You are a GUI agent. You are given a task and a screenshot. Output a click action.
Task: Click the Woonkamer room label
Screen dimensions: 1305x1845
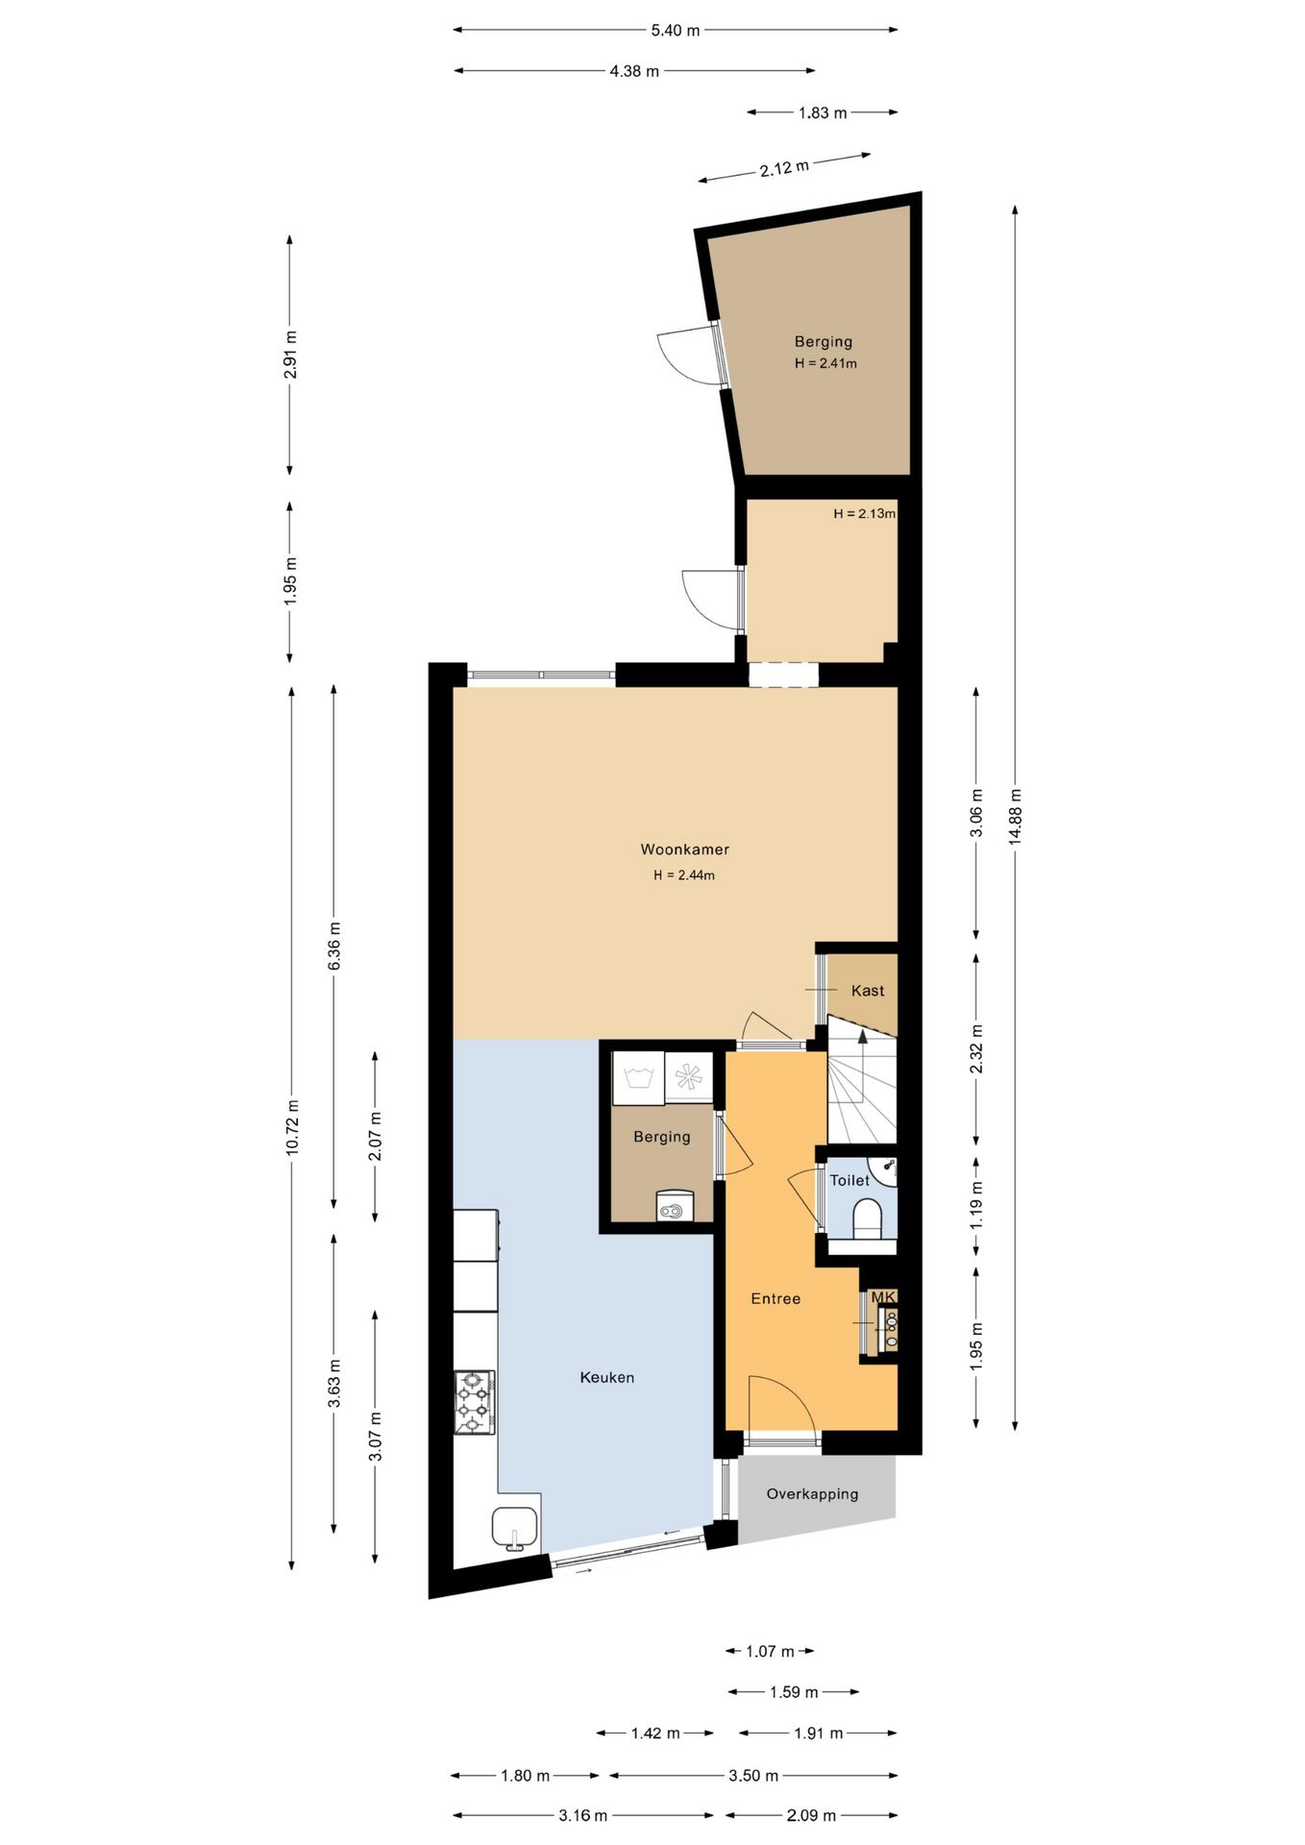684,849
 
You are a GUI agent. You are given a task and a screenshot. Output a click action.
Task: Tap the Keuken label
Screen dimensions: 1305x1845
606,1377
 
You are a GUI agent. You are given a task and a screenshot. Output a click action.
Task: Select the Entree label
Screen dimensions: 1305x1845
776,1298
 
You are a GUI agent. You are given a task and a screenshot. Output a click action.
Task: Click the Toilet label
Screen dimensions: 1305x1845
849,1180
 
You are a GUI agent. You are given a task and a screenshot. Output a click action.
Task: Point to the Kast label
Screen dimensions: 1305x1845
868,991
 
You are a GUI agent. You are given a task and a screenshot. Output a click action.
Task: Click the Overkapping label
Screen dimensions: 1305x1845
812,1493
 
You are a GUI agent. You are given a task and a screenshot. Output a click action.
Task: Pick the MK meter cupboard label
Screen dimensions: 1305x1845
883,1297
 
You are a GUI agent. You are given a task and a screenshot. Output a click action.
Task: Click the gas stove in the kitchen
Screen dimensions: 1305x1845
475,1402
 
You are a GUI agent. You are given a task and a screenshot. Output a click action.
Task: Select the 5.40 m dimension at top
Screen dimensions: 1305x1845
676,30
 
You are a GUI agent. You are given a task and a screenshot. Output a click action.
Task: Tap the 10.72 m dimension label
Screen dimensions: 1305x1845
292,1126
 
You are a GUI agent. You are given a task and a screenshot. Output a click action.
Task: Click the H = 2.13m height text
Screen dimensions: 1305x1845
864,513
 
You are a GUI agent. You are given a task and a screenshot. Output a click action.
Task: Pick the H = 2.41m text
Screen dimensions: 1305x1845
825,363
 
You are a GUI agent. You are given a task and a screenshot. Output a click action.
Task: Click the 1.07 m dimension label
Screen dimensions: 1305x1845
770,1651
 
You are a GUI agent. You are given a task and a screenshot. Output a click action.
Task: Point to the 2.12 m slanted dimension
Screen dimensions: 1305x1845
784,168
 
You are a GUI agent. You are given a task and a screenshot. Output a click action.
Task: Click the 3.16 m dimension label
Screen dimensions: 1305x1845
583,1815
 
